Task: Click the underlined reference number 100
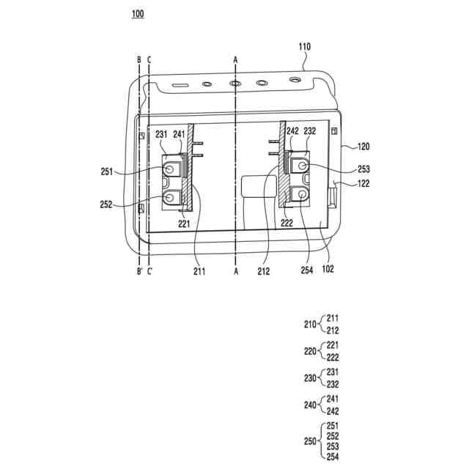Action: coord(138,14)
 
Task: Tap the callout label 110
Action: coord(305,47)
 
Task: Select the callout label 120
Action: coord(363,147)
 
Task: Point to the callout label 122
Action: coord(363,183)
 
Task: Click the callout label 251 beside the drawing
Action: coord(107,171)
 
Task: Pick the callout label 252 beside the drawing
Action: coord(106,204)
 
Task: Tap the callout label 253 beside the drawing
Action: coord(363,169)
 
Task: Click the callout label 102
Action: coord(328,269)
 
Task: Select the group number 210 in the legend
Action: coord(310,324)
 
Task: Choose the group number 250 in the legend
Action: coord(310,441)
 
